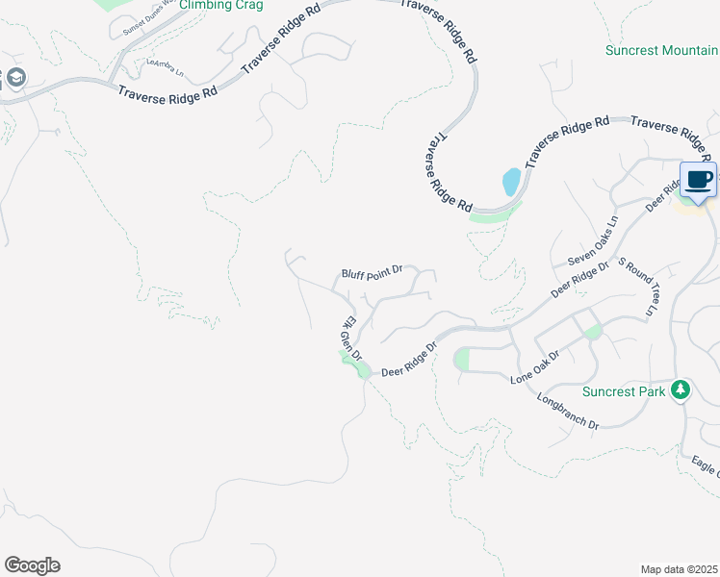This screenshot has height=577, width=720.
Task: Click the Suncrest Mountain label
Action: (x=661, y=50)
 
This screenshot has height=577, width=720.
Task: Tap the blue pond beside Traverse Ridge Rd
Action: (x=512, y=180)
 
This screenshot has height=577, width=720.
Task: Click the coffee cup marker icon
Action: (x=699, y=179)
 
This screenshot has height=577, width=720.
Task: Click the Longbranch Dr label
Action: (x=568, y=411)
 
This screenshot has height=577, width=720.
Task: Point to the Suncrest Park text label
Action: (x=625, y=391)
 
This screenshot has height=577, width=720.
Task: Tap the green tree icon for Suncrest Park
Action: (x=681, y=389)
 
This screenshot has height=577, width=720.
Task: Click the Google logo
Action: (x=32, y=565)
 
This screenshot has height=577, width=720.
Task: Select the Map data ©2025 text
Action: (x=680, y=569)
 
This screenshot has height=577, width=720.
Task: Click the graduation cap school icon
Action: (x=16, y=78)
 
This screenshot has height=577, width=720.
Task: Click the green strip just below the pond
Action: (x=494, y=216)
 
